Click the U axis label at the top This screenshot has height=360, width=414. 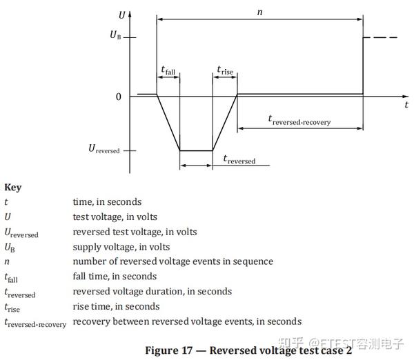coord(121,15)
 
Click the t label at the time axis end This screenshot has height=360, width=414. coord(406,105)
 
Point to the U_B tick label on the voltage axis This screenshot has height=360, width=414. coord(115,35)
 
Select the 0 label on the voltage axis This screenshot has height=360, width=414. coord(119,97)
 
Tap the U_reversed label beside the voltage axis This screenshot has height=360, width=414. coord(104,148)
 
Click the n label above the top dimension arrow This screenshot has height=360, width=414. coord(260,12)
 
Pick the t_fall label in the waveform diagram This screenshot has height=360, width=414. coord(168,70)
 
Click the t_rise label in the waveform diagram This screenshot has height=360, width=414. coord(225,70)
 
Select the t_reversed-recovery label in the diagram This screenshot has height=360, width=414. coord(299,120)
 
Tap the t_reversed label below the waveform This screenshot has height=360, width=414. coord(239,159)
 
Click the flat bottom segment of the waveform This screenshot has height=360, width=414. coord(196,151)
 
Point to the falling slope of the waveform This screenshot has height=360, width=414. coord(168,123)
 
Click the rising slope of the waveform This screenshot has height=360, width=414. coord(225,123)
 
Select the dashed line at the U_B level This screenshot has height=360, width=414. coord(380,37)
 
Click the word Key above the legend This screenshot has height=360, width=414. coord(13,188)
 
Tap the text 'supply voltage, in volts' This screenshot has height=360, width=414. coord(121,247)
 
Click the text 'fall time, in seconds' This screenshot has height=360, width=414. coord(115,277)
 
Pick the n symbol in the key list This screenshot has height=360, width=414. coord(7,262)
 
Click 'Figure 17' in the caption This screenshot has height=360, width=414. coord(169,350)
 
